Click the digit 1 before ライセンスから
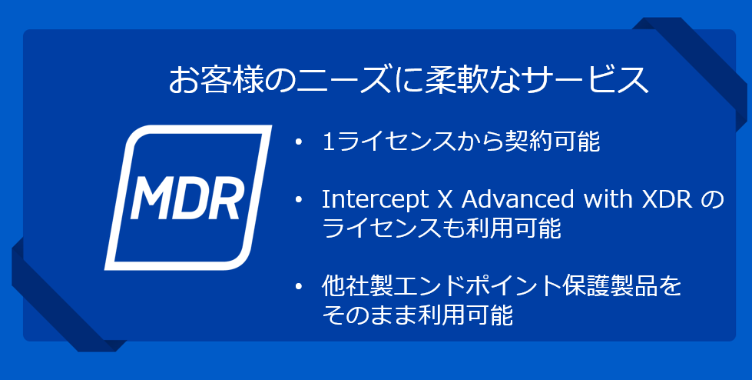(329, 142)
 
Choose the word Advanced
(517, 199)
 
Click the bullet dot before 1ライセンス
(300, 142)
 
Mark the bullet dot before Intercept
(300, 200)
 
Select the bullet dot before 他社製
(300, 287)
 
